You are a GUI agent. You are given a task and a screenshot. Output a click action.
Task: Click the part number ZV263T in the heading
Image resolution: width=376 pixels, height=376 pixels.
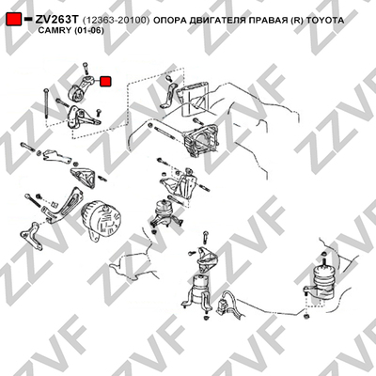pyautogui.click(x=55, y=20)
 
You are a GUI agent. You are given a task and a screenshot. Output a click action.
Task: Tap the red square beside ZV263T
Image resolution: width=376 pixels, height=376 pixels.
pyautogui.click(x=14, y=20)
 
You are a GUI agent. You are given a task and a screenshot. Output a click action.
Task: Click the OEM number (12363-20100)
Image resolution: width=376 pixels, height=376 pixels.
pyautogui.click(x=117, y=21)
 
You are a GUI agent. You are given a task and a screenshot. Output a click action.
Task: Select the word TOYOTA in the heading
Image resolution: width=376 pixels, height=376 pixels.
pyautogui.click(x=324, y=21)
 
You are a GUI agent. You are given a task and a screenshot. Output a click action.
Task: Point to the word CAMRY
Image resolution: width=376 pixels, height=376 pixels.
pyautogui.click(x=55, y=31)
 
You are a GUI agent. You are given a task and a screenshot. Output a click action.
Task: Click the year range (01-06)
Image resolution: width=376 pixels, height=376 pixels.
pyautogui.click(x=89, y=31)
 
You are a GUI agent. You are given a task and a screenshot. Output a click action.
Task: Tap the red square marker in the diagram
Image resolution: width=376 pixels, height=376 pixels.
pyautogui.click(x=105, y=82)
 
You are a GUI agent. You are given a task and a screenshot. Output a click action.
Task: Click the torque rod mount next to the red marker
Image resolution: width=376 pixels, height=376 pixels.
pyautogui.click(x=81, y=89)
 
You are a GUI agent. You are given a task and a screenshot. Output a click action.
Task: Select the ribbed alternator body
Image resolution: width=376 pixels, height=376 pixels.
pyautogui.click(x=101, y=219)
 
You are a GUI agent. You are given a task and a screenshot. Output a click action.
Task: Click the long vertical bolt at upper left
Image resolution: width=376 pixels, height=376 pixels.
pyautogui.click(x=46, y=103)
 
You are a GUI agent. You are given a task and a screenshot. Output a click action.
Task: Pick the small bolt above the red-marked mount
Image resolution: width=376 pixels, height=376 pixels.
pyautogui.click(x=86, y=69)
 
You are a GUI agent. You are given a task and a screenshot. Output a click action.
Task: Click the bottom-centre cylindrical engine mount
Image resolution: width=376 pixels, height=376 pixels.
pyautogui.click(x=199, y=293)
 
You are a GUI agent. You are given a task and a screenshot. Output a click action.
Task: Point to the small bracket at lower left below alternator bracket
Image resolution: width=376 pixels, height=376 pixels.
pyautogui.click(x=31, y=235)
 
